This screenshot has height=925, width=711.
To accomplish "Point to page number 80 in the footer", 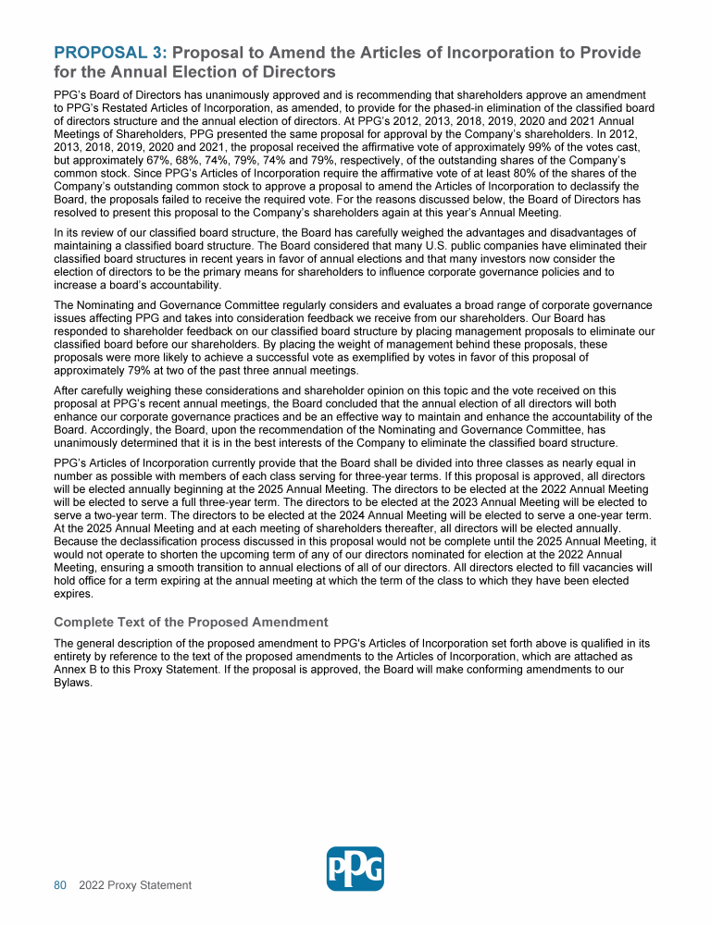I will click(60, 885).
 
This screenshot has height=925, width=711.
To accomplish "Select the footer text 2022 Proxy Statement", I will click(135, 885).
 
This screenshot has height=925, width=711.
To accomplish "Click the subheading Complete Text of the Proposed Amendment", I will click(192, 621).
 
